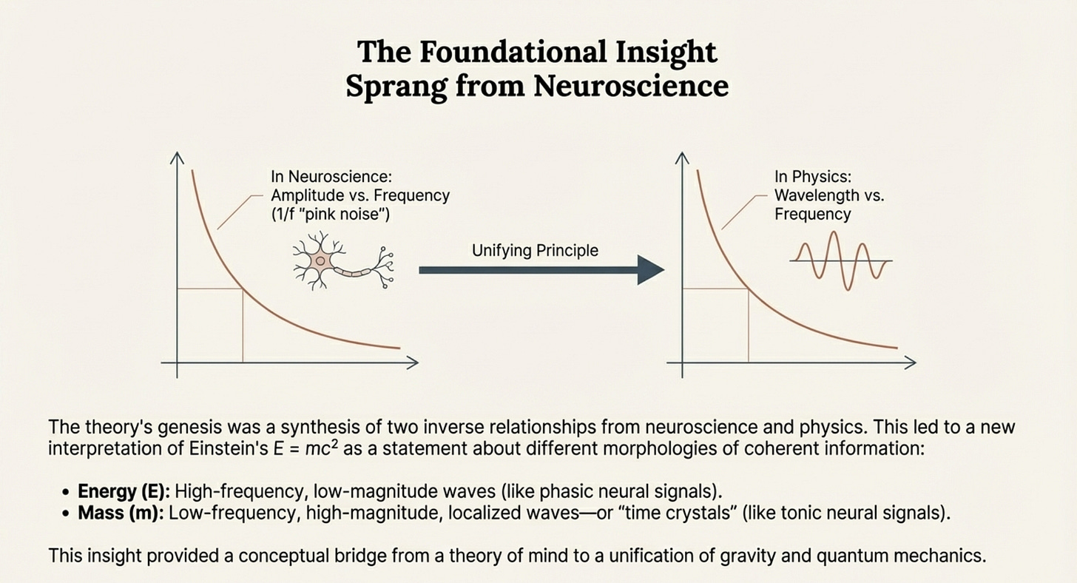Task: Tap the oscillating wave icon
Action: pyautogui.click(x=841, y=260)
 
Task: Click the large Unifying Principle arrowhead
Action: pyautogui.click(x=649, y=270)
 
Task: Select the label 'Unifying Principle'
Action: pyautogui.click(x=535, y=250)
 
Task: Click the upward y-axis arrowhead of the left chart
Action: pyautogui.click(x=178, y=158)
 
